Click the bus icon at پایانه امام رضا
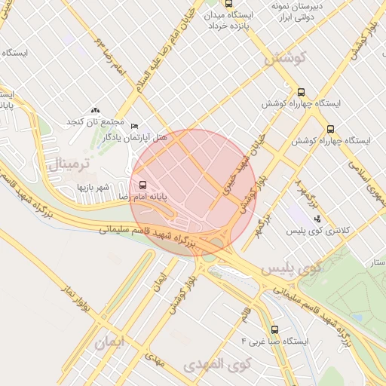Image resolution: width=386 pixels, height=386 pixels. point(142,184)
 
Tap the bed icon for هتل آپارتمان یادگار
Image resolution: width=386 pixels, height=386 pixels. point(135,126)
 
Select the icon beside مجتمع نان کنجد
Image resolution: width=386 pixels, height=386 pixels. point(95,110)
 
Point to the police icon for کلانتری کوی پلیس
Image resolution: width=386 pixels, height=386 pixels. point(317,219)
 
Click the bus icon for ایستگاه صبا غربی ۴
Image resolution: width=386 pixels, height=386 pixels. point(274,329)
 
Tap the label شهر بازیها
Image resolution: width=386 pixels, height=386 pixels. point(93,186)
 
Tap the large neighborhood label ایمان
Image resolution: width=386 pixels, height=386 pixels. point(112,343)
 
